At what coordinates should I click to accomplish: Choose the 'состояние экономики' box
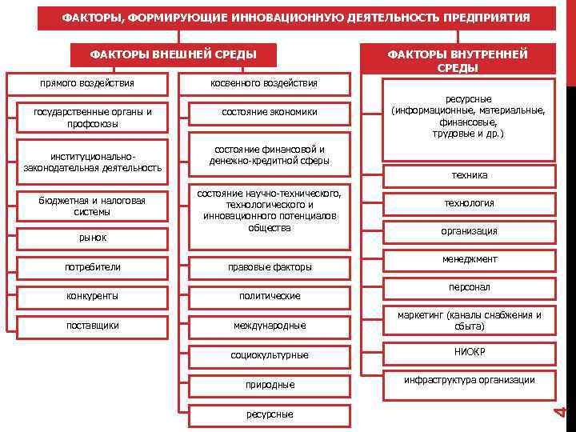270,112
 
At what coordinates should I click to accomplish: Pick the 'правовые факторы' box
270,267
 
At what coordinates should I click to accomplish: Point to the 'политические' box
270,296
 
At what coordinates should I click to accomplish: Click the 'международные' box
270,326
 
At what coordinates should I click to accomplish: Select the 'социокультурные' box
270,354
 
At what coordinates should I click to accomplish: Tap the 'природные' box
270,385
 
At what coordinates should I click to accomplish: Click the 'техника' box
470,175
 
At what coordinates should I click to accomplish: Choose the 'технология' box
470,203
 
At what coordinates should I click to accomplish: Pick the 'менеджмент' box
470,259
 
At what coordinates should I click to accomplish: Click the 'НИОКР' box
470,352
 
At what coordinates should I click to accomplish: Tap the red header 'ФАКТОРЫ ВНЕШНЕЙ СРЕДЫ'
173,54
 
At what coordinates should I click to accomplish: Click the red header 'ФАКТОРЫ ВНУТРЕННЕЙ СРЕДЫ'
458,61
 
